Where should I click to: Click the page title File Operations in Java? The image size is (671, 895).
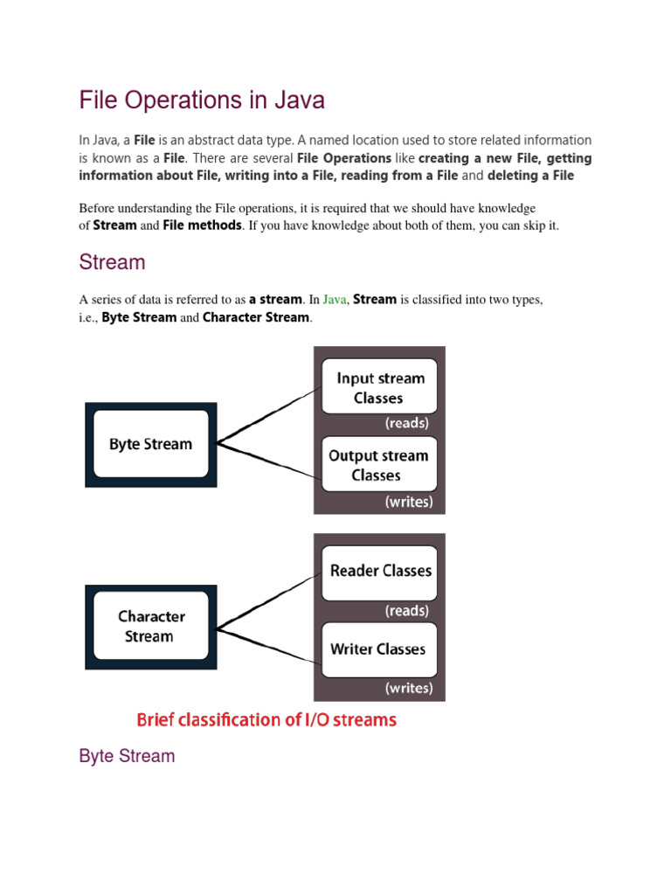coord(202,101)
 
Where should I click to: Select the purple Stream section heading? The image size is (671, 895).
coord(112,262)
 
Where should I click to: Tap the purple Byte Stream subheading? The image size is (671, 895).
coord(127,756)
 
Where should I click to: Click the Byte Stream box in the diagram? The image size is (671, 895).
coord(150,444)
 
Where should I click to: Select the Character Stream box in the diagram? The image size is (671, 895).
coord(150,627)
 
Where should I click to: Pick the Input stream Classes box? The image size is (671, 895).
coord(379,387)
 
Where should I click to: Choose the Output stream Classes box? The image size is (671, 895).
coord(378,465)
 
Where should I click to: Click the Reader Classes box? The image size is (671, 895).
coord(379,572)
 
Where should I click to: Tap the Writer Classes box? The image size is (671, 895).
coord(378,649)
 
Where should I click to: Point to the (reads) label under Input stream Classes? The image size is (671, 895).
coord(407,423)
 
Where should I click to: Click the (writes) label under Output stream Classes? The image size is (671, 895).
coord(408,503)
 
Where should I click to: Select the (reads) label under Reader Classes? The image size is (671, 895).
coord(407,610)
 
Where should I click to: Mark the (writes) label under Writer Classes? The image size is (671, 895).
coord(408,688)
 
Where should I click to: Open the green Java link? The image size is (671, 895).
coord(335,299)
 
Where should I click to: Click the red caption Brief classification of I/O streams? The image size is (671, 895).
coord(266,720)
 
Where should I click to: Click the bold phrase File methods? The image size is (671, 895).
coord(202,225)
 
